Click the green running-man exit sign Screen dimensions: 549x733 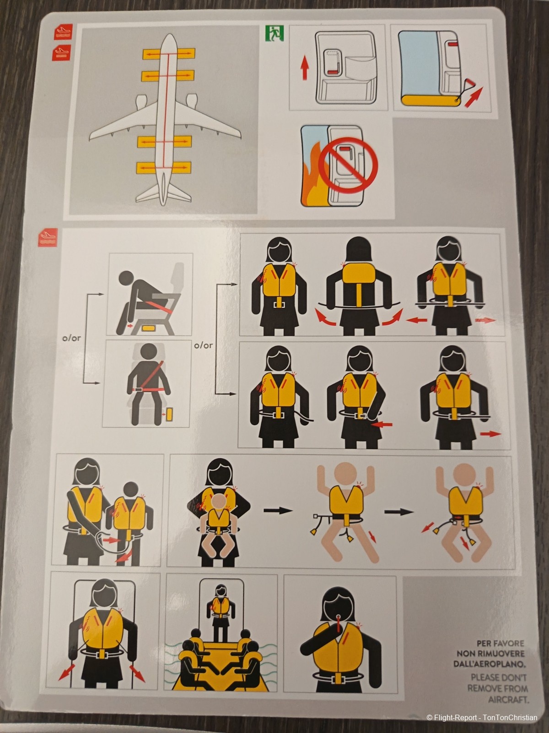274,34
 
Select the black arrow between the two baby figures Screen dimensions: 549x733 398,511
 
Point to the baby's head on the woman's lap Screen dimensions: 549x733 218,504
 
